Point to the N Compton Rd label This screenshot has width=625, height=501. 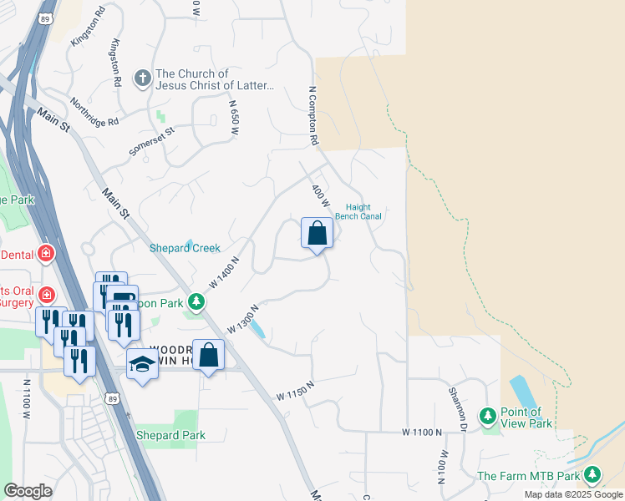point(314,116)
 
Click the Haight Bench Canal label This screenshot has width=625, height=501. point(358,212)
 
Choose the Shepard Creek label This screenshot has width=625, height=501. point(185,248)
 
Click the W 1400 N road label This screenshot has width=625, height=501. point(224,272)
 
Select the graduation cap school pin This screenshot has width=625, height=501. point(142,365)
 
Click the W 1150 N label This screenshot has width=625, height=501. point(297,390)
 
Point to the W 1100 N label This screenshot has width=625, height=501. point(420,432)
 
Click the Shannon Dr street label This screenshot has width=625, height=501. point(456,404)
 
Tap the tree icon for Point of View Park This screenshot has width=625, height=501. point(488,415)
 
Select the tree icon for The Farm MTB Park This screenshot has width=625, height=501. point(592,475)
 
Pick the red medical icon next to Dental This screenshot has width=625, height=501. point(46,253)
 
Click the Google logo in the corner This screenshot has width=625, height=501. point(28,491)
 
